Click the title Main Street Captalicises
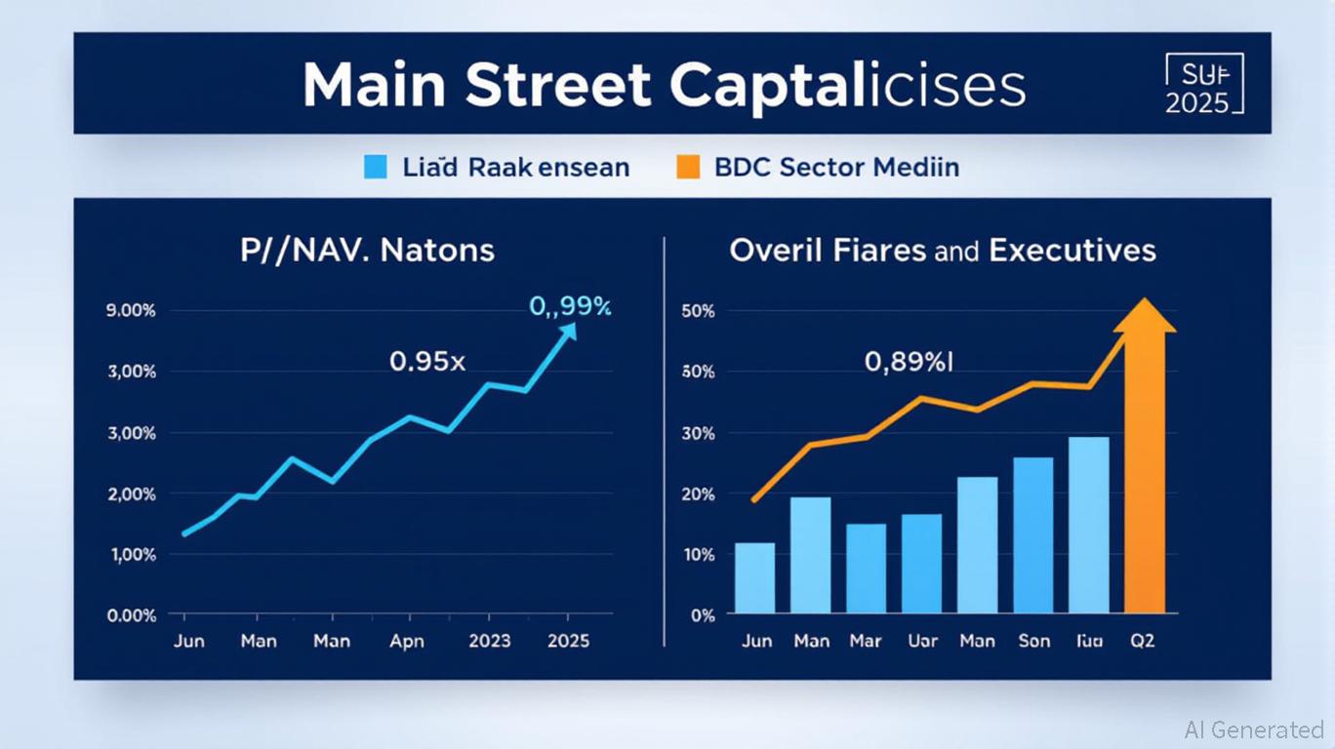pos(664,86)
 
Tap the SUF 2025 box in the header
pos(1204,85)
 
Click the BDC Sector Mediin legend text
pos(836,167)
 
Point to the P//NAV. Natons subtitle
pos(368,250)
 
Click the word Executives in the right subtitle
pos(1072,250)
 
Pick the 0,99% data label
pos(570,306)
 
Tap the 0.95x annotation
pos(427,361)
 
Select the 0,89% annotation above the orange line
pos(908,362)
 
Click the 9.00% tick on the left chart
pos(130,311)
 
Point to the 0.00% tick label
pos(130,615)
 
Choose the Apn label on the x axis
pos(406,642)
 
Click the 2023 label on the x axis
pos(490,642)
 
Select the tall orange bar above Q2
pos(1145,468)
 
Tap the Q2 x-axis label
pos(1142,642)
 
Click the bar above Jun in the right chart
pos(754,577)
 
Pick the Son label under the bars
pos(1033,642)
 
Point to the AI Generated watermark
pos(1254,729)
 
